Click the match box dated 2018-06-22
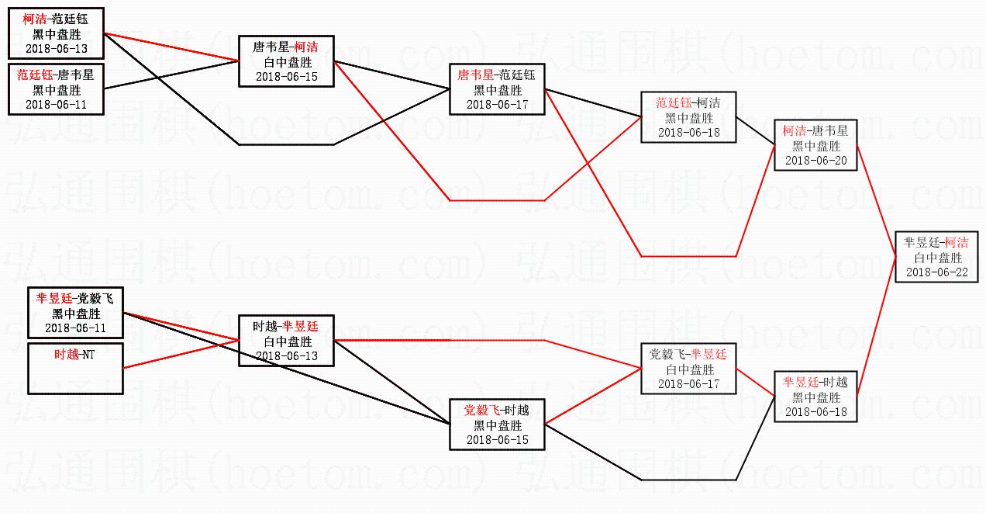pyautogui.click(x=936, y=257)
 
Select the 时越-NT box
pyautogui.click(x=75, y=368)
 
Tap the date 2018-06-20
pyautogui.click(x=815, y=160)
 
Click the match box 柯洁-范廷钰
pyautogui.click(x=56, y=33)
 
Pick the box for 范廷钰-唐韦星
pyautogui.click(x=56, y=88)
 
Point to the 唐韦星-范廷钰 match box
pyautogui.click(x=497, y=89)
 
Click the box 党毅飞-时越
pyautogui.click(x=497, y=425)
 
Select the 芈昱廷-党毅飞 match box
pyautogui.click(x=75, y=313)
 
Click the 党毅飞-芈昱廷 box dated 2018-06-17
pyautogui.click(x=688, y=369)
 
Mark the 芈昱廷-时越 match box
pyautogui.click(x=815, y=397)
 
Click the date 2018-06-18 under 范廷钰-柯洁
pyautogui.click(x=688, y=133)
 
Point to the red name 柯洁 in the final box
pyautogui.click(x=957, y=243)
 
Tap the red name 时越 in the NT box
pyautogui.click(x=67, y=354)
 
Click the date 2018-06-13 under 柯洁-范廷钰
pyautogui.click(x=56, y=49)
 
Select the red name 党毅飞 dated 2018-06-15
pyautogui.click(x=481, y=410)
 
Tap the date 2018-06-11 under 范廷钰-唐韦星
pyautogui.click(x=56, y=104)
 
